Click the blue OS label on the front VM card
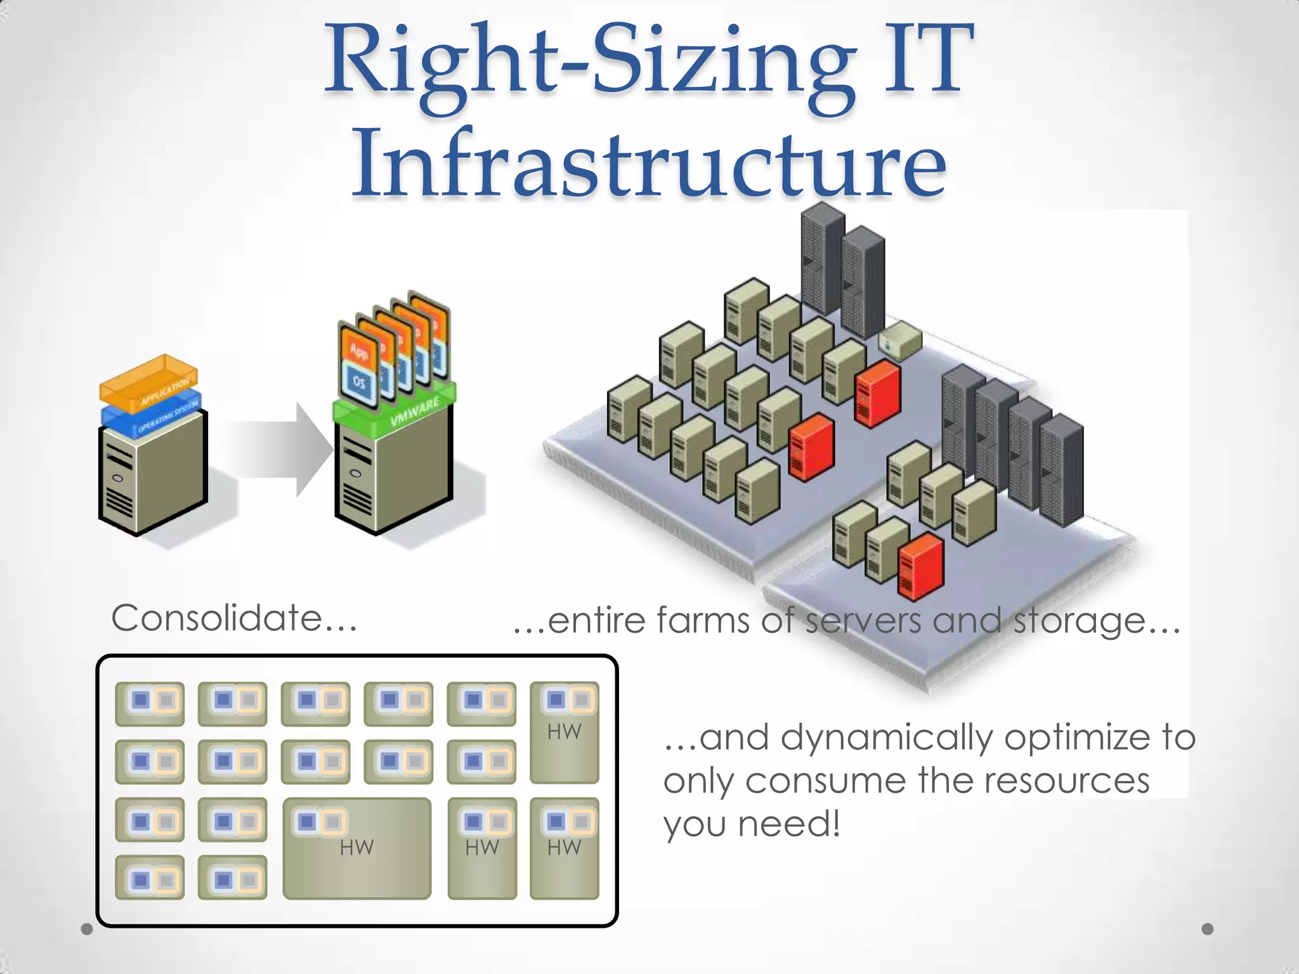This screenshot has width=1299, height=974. coord(359,382)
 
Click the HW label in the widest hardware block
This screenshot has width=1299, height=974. coord(356,847)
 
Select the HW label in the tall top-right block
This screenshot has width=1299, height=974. coord(564,732)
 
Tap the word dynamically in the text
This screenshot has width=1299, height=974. coord(886,737)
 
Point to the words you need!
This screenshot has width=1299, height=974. coord(752,824)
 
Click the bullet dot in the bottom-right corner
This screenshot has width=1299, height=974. coord(1208,929)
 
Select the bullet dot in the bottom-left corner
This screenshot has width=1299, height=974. coord(87,930)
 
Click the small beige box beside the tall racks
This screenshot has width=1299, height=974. coord(899,341)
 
